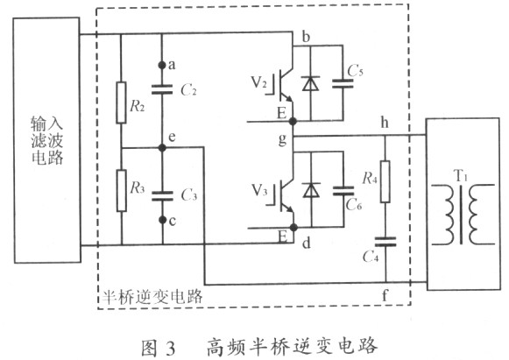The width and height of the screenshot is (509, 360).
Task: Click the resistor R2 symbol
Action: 121,102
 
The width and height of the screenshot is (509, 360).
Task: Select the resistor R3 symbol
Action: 122,191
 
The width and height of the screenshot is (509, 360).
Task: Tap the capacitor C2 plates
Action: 162,89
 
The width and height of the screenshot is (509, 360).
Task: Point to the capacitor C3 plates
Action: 162,196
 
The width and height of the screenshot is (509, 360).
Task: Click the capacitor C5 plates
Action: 343,83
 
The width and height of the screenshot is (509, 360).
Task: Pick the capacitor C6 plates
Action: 343,191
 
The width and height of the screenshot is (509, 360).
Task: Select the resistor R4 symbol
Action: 385,181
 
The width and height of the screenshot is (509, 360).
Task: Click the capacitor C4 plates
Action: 385,242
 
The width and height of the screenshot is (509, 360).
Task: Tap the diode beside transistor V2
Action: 311,84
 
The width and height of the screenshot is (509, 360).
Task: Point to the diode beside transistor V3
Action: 311,190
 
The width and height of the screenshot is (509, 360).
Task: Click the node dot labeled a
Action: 162,65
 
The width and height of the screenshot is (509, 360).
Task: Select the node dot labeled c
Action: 163,220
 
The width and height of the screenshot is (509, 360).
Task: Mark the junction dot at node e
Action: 162,148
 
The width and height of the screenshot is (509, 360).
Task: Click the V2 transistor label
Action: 259,82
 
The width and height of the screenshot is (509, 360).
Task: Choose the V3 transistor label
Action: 259,190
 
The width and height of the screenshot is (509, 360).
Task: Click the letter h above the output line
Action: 385,123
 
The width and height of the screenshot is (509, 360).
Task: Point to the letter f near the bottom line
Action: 385,295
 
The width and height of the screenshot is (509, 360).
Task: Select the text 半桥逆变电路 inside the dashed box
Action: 152,296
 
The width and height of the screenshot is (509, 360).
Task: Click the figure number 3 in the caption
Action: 170,348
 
